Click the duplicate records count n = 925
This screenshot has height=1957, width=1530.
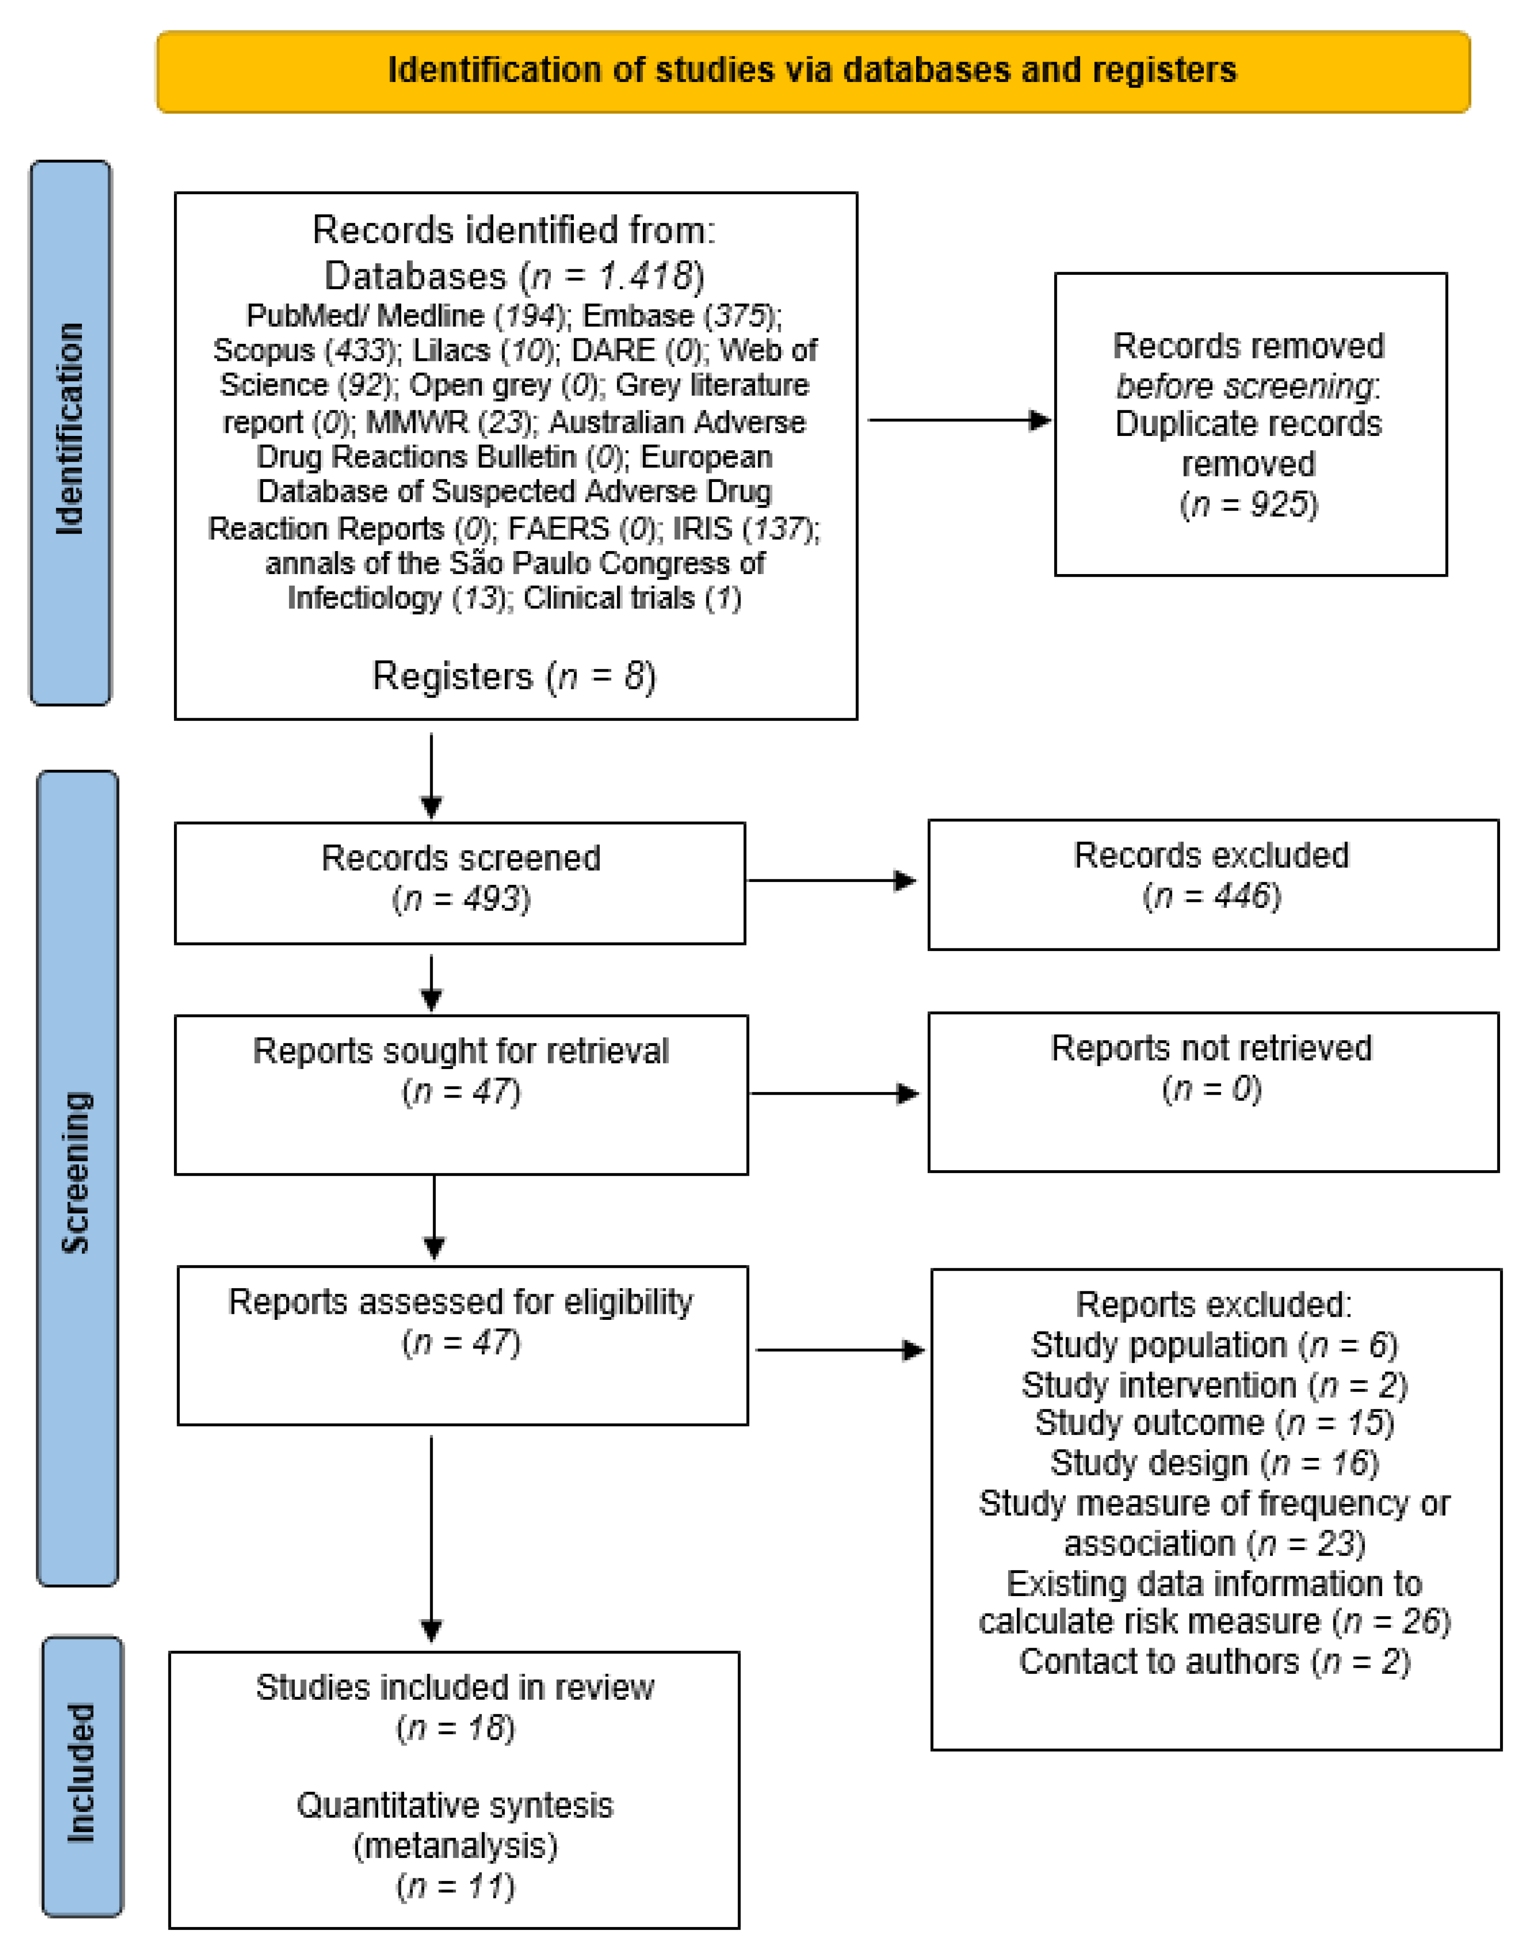(x=1249, y=505)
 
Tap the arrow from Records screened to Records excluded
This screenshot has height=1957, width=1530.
(x=831, y=881)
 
